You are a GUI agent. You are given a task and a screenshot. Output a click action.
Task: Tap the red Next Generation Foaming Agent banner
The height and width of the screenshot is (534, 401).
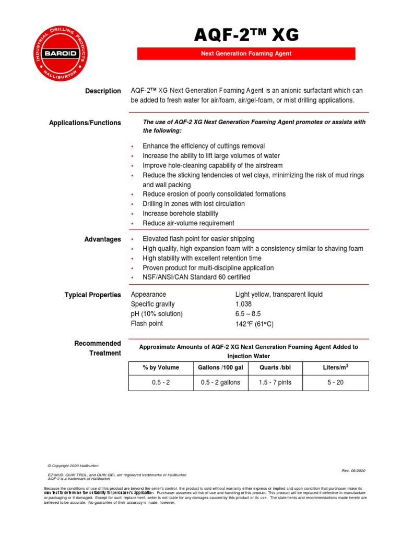(246, 54)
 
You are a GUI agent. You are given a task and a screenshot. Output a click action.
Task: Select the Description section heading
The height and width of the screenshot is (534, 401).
(103, 91)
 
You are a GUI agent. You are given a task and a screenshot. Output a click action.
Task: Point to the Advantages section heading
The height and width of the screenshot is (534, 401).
(103, 239)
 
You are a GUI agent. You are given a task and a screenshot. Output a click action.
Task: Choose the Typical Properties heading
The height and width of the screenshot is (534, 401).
(93, 295)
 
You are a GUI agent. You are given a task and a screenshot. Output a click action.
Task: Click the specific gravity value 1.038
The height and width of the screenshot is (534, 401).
(244, 304)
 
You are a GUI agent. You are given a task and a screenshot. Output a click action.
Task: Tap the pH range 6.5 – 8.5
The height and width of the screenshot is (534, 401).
(248, 314)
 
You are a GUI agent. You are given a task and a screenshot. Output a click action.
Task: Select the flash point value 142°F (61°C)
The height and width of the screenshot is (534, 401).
(254, 324)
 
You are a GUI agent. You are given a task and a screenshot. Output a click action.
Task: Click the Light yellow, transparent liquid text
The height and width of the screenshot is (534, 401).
(279, 295)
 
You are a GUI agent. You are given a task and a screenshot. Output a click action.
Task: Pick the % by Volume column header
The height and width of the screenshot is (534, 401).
(161, 368)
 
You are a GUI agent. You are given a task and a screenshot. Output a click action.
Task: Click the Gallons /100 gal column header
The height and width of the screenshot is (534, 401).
(220, 368)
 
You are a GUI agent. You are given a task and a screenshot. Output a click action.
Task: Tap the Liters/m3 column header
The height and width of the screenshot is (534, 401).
(336, 367)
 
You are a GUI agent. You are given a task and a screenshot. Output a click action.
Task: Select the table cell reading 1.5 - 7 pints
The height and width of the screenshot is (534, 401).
(275, 383)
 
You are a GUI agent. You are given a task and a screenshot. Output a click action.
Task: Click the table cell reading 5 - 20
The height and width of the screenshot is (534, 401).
(336, 383)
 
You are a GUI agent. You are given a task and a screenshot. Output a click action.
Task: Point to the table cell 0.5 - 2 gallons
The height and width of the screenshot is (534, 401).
(220, 383)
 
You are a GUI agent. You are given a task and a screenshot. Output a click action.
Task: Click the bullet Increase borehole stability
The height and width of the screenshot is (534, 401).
(181, 214)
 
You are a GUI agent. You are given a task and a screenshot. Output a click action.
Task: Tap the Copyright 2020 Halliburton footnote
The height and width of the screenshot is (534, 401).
(73, 466)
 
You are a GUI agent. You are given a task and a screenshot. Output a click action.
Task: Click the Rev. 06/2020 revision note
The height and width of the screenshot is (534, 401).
(353, 470)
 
